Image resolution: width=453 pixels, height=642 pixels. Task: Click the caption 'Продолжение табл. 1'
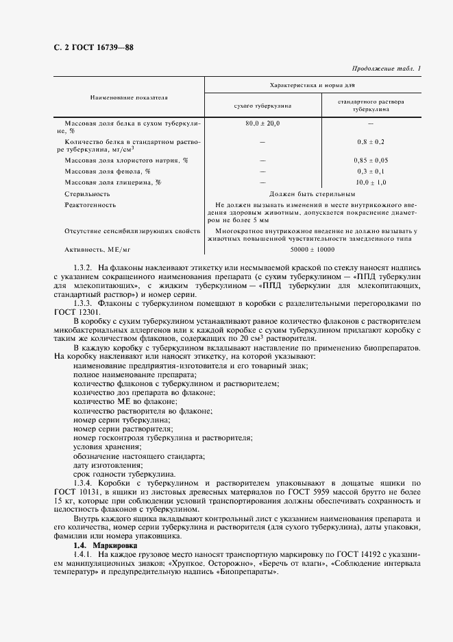(386, 68)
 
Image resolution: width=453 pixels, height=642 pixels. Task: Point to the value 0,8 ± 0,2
(370, 141)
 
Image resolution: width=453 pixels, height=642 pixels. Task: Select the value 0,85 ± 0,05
(370, 159)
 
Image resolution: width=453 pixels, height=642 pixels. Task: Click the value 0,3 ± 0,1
(370, 171)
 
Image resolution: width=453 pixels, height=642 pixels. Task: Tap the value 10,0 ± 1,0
(371, 182)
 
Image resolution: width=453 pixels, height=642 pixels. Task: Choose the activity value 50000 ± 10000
(312, 250)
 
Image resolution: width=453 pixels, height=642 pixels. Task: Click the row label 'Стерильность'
(86, 194)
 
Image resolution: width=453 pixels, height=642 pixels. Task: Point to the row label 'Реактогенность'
(90, 205)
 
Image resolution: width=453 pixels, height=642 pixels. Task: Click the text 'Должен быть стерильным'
(312, 194)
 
